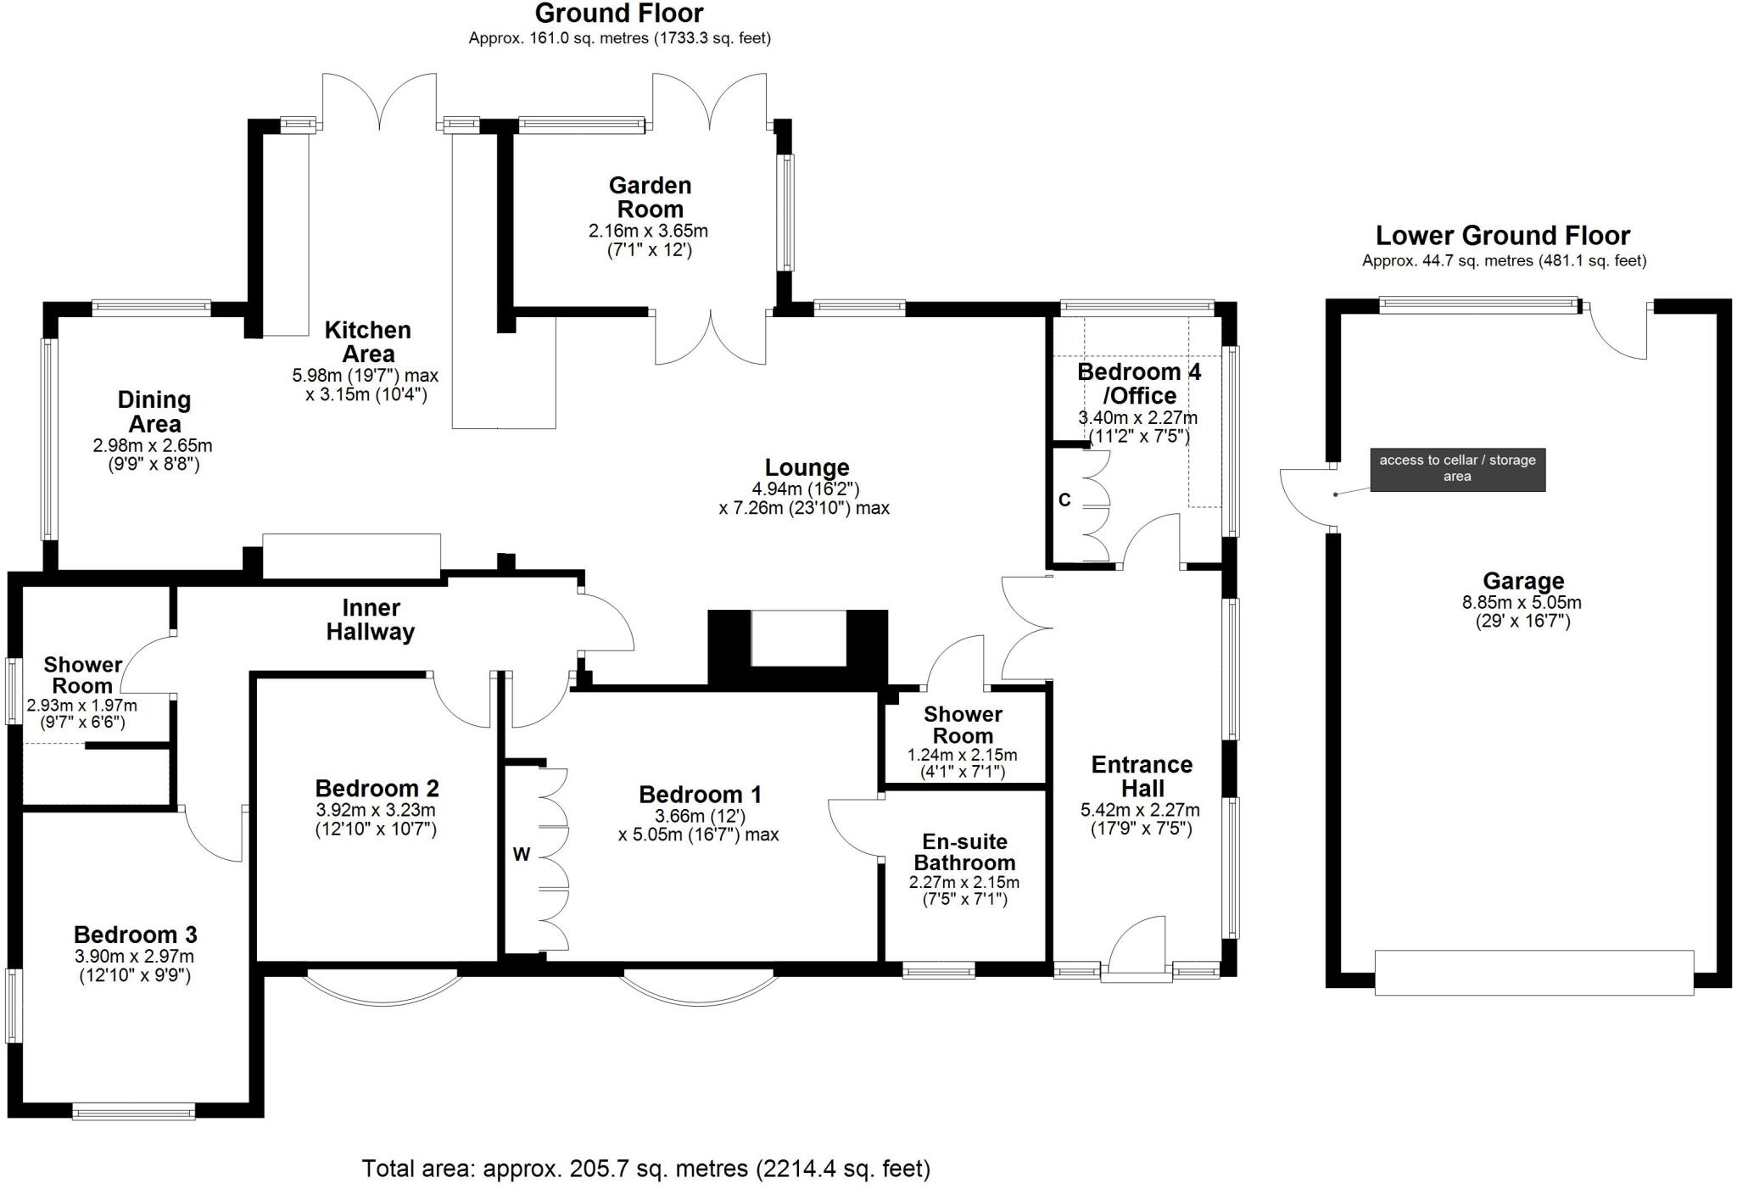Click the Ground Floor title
tap(619, 14)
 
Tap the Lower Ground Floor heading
tap(1503, 235)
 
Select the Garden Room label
tap(650, 197)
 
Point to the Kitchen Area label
tap(368, 342)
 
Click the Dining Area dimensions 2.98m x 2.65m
tap(153, 445)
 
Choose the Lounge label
tap(807, 467)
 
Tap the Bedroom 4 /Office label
tap(1139, 383)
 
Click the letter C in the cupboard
tap(1065, 500)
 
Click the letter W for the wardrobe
tap(522, 855)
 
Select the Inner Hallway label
tap(371, 620)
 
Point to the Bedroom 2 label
tap(377, 789)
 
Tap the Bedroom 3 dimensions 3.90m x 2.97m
tap(136, 957)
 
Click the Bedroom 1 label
tap(700, 795)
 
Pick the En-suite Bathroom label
tap(964, 852)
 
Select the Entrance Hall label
tap(1142, 776)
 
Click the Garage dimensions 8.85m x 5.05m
tap(1522, 603)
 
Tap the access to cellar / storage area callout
tap(1457, 469)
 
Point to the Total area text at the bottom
tap(646, 1169)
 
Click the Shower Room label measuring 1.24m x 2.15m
tap(963, 725)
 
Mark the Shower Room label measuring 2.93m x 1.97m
tap(82, 675)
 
